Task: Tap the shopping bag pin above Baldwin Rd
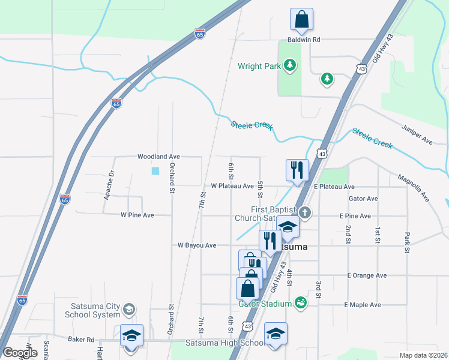(301, 20)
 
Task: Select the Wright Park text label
(259, 66)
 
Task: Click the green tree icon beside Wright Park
(291, 65)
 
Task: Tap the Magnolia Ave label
(413, 187)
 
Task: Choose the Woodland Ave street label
(158, 157)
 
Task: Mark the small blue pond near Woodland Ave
(156, 171)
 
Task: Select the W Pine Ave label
(137, 215)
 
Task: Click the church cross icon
(305, 212)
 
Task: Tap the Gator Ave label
(363, 199)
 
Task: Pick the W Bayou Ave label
(197, 245)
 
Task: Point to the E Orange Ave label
(367, 275)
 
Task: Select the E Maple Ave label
(363, 305)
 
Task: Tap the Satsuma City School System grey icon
(128, 310)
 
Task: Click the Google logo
(20, 352)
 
